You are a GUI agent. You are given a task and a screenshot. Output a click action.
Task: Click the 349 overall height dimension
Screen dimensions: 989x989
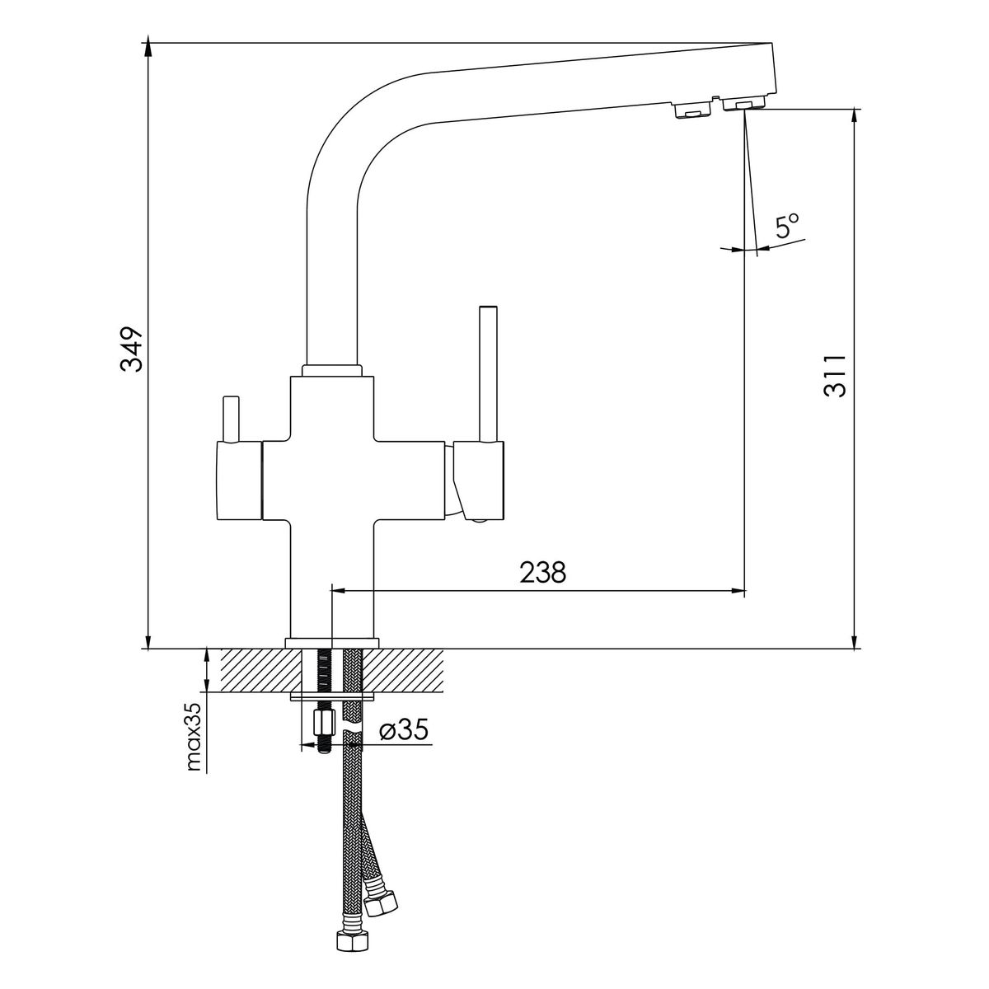click(x=131, y=348)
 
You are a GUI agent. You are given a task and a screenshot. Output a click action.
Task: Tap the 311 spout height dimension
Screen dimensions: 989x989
click(x=834, y=375)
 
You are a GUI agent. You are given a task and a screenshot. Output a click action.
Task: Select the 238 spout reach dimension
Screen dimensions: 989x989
click(x=543, y=572)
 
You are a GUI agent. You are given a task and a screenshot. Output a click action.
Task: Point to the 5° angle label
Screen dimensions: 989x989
click(x=788, y=225)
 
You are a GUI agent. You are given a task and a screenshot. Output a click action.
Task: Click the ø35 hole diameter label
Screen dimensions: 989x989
click(x=403, y=731)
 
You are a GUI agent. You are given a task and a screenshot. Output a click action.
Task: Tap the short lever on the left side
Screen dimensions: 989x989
click(x=230, y=419)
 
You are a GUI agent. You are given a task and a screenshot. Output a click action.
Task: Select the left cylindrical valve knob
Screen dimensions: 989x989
click(x=239, y=480)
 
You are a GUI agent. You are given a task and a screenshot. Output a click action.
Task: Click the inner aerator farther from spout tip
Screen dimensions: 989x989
click(x=691, y=110)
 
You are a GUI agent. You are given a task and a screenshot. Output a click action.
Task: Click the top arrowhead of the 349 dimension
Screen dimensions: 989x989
click(x=148, y=45)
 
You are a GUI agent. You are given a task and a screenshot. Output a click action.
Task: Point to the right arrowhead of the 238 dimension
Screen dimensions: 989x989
click(x=737, y=591)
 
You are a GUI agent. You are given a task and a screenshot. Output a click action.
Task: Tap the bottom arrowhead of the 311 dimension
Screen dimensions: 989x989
click(x=855, y=640)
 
